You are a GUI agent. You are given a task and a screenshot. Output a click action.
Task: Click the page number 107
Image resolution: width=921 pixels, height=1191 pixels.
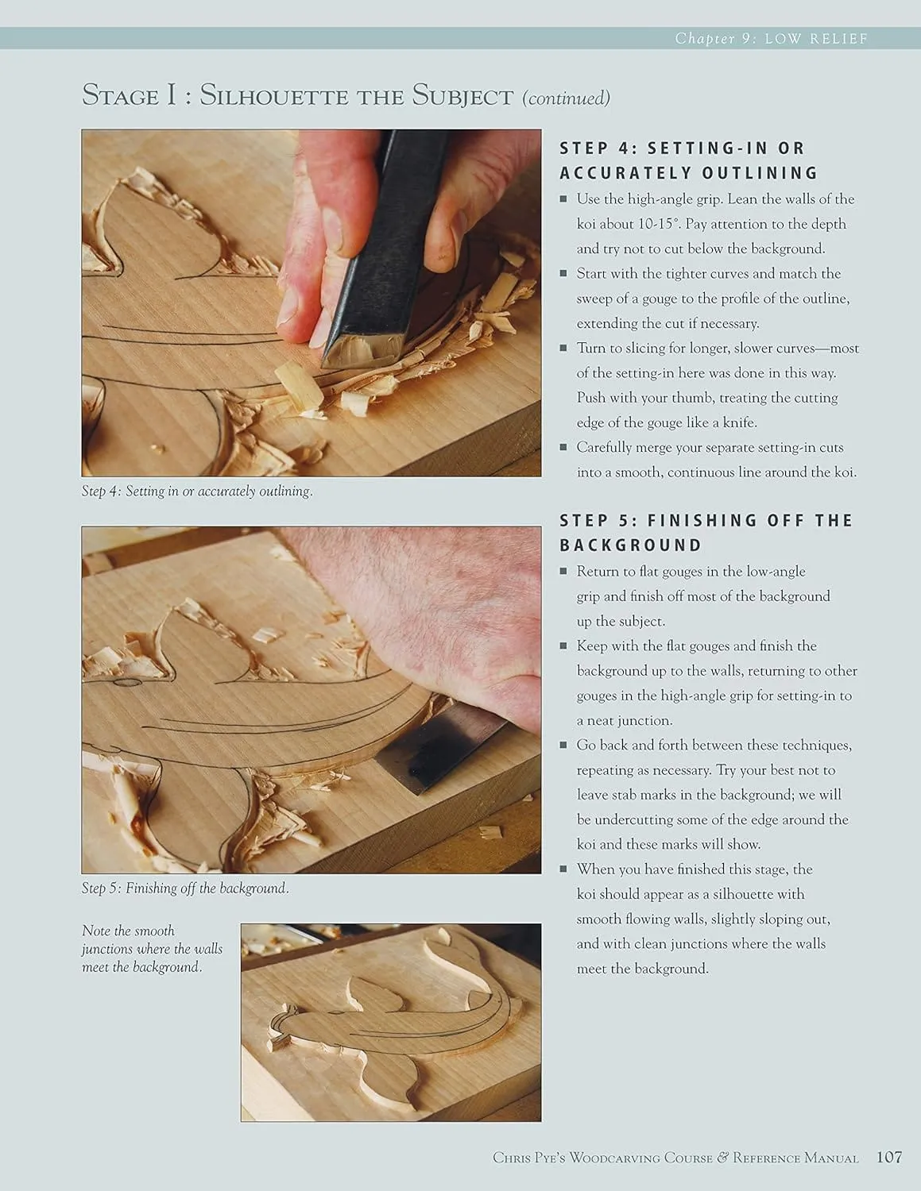pyautogui.click(x=889, y=1157)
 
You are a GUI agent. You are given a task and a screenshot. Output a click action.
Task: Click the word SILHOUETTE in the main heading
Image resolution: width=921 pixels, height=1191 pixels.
pyautogui.click(x=273, y=96)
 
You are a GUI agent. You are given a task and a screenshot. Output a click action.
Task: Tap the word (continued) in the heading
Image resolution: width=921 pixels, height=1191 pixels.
pyautogui.click(x=566, y=98)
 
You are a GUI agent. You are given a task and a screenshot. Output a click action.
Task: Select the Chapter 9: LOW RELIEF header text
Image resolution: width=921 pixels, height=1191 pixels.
pyautogui.click(x=772, y=38)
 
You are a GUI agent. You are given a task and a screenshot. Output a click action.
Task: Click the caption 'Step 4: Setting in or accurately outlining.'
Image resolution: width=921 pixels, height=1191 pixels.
pyautogui.click(x=197, y=491)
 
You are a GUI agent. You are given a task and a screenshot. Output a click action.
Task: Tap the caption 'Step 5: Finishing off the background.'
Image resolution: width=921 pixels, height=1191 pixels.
pyautogui.click(x=185, y=888)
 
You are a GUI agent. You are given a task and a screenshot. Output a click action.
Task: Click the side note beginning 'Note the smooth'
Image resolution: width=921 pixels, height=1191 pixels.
pyautogui.click(x=152, y=949)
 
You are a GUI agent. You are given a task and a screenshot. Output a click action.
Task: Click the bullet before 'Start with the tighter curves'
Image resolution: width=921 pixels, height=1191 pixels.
pyautogui.click(x=563, y=273)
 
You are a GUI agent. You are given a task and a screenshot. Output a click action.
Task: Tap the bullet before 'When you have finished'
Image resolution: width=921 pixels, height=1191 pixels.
pyautogui.click(x=563, y=869)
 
